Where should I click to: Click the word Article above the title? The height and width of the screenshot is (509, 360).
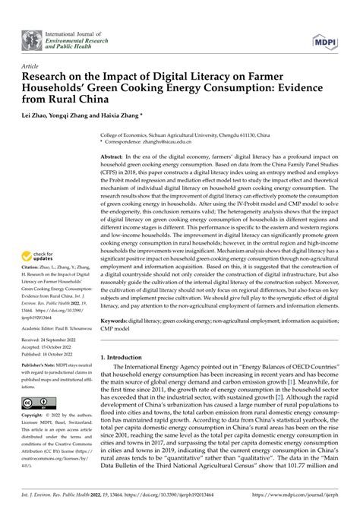[31, 67]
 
